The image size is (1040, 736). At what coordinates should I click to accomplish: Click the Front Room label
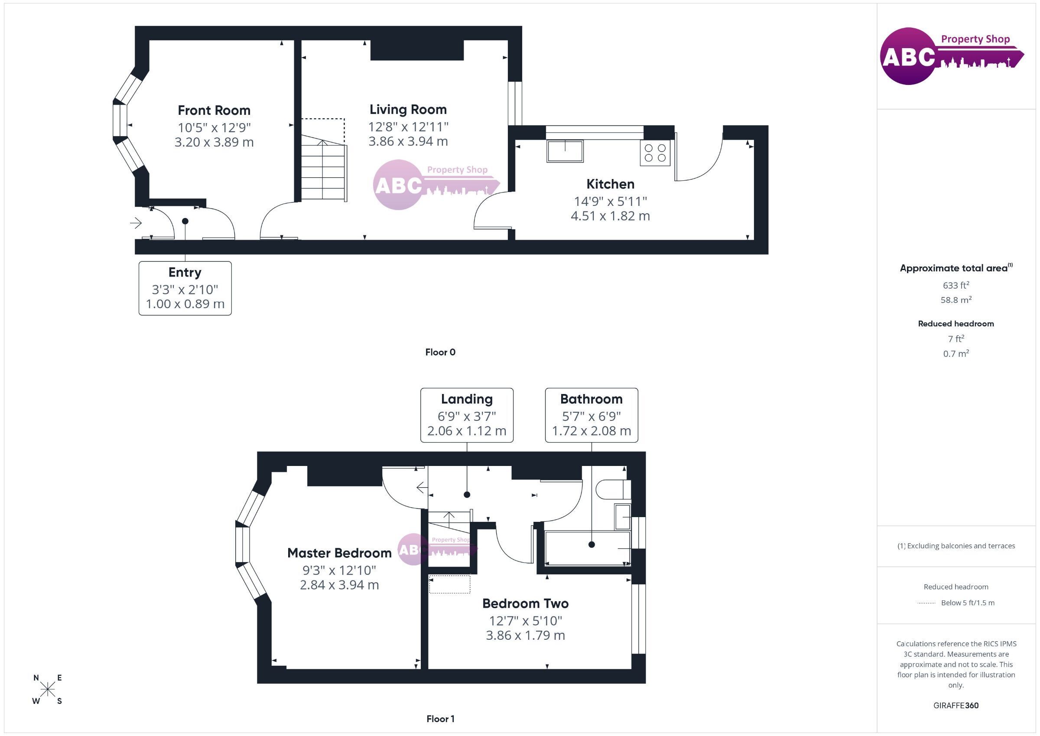click(214, 110)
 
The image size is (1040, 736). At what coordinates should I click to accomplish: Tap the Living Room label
click(408, 109)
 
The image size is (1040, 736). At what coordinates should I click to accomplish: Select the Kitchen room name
click(610, 184)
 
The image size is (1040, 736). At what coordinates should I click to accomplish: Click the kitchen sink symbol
click(565, 151)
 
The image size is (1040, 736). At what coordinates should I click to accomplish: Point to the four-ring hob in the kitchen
click(655, 153)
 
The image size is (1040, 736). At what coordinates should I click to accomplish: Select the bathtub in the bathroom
click(588, 548)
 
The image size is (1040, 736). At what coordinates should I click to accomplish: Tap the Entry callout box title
click(185, 272)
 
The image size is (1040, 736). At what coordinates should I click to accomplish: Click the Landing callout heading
click(467, 399)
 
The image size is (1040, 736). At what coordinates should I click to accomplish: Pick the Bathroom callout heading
click(591, 399)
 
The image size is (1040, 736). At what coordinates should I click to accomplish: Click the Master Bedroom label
click(339, 553)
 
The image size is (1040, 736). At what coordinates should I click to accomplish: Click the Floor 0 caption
click(440, 352)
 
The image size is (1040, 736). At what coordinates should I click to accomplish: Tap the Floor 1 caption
click(440, 719)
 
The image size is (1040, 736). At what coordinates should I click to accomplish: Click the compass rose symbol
click(48, 689)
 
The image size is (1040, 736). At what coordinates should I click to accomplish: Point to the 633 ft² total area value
click(956, 285)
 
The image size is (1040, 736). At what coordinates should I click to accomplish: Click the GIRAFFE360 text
click(956, 706)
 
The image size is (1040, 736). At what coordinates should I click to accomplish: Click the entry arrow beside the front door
click(136, 223)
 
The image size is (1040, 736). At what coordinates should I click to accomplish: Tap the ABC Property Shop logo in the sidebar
click(952, 56)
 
